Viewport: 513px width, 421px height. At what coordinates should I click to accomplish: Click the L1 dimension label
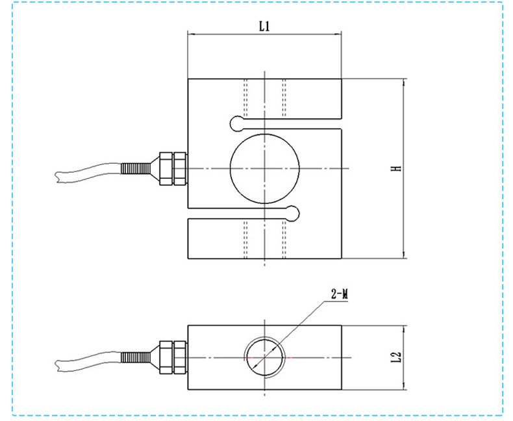coord(264,26)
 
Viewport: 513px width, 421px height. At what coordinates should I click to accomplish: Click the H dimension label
coord(397,168)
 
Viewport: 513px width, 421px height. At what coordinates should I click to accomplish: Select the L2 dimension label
coord(396,357)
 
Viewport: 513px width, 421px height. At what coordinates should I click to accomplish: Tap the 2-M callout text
coord(339,294)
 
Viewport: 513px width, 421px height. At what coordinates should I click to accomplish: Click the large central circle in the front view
coord(230,168)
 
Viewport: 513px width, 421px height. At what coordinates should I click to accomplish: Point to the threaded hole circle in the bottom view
coord(247,357)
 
